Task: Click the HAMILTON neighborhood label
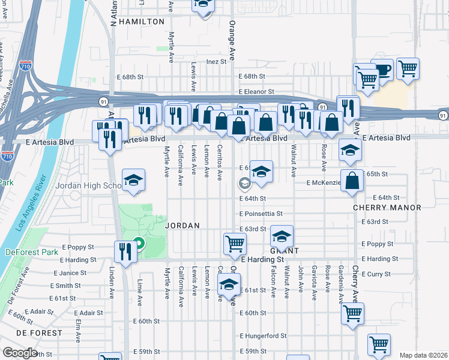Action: click(142, 22)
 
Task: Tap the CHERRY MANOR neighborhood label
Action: click(396, 208)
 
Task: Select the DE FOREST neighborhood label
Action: click(39, 332)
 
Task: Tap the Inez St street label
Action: click(216, 61)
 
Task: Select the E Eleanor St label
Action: click(256, 92)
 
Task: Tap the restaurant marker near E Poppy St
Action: click(126, 250)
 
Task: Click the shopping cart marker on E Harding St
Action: click(235, 243)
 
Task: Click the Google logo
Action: click(20, 353)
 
